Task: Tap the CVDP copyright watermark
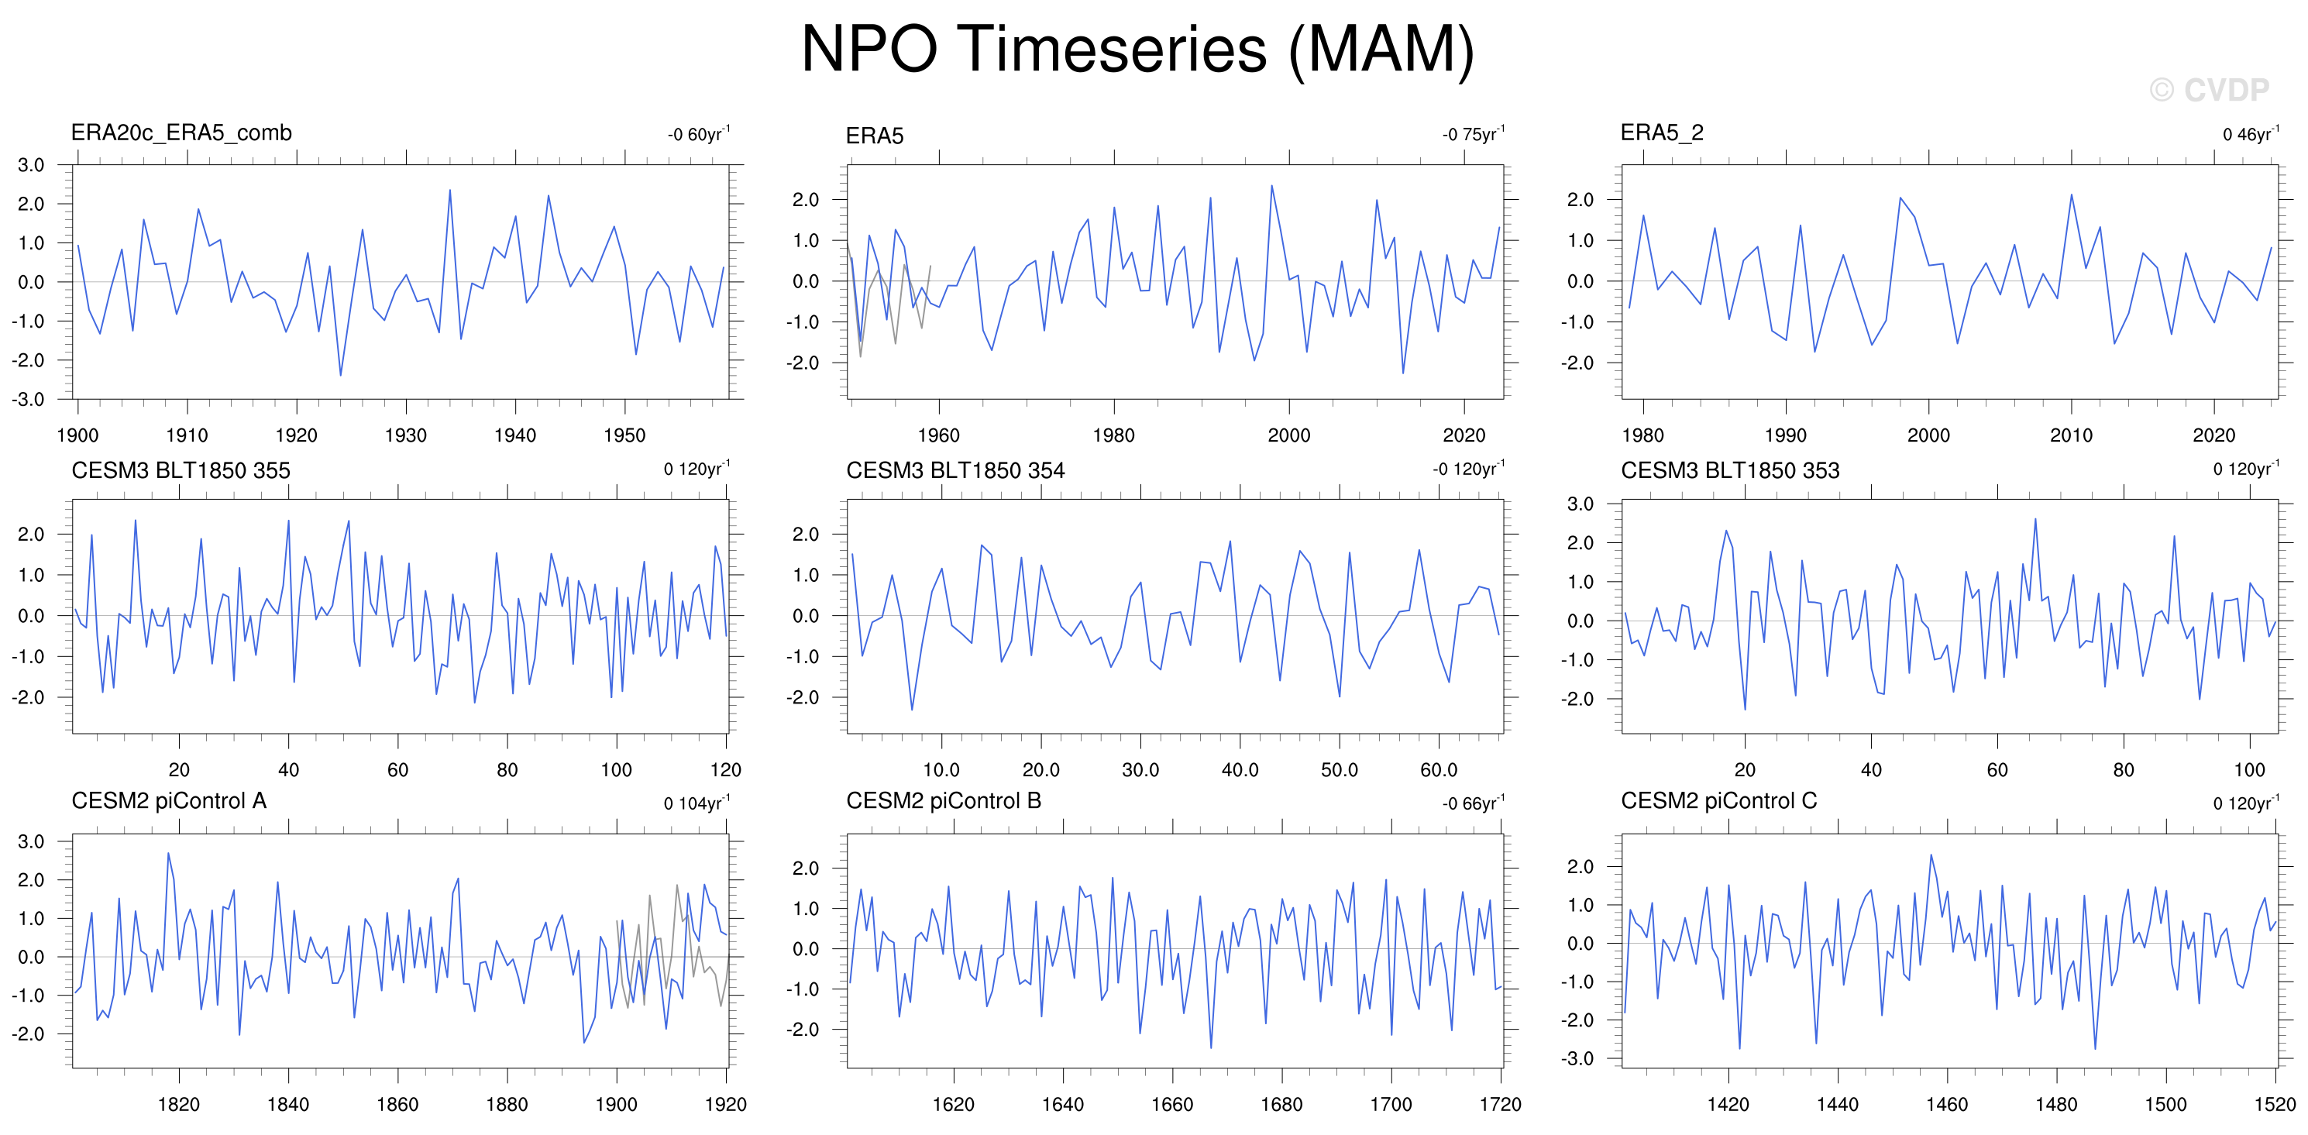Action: point(2210,90)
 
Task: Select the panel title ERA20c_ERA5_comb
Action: point(181,132)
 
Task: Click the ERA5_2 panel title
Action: point(1662,132)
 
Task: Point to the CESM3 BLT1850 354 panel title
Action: point(955,470)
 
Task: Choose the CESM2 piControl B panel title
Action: point(944,801)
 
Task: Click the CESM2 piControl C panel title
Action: point(1718,801)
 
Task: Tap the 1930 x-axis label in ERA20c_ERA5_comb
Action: point(406,435)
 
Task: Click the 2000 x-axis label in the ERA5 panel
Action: point(1288,435)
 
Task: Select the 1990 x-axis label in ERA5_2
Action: point(1786,435)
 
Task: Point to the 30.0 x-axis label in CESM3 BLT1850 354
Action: point(1140,769)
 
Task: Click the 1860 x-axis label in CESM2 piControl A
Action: point(397,1104)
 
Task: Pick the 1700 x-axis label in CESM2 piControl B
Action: point(1391,1104)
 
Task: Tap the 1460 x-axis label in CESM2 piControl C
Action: point(1947,1104)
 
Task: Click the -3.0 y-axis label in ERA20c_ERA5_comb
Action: point(28,400)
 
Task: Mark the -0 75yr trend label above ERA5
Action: point(1474,133)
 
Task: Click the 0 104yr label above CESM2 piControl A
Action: point(697,803)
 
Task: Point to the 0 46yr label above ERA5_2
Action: point(2251,133)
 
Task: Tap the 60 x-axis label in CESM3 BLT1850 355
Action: point(397,769)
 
